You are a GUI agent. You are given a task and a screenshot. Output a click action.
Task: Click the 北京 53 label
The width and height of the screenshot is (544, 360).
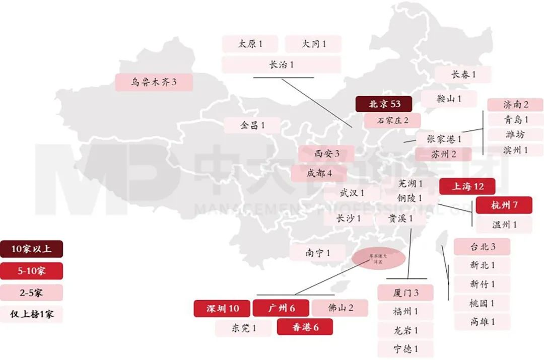(x=384, y=104)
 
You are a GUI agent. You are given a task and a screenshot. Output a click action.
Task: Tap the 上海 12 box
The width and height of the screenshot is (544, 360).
(x=467, y=186)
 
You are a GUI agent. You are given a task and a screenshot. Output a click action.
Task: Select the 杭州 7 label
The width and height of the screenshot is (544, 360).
(x=504, y=205)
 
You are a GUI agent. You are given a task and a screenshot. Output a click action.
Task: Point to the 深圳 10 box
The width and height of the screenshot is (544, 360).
(x=222, y=308)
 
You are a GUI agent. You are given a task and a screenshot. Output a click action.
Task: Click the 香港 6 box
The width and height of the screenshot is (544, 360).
(x=305, y=327)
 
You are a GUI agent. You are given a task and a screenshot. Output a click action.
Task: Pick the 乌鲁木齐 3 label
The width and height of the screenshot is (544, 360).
(x=154, y=82)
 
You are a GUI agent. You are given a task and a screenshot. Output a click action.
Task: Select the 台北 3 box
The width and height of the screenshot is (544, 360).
(x=482, y=247)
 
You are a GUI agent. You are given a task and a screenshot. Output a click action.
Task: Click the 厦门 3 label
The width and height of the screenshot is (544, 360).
(x=405, y=293)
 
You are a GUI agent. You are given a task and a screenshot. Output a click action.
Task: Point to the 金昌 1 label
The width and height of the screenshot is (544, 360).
(x=252, y=125)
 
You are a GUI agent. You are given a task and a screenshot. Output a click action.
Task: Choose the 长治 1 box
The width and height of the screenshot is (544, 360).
(x=281, y=64)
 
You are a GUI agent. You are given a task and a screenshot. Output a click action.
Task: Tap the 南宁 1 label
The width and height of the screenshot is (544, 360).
(x=317, y=253)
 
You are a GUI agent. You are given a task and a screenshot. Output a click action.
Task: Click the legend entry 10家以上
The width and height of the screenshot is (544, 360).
(x=31, y=249)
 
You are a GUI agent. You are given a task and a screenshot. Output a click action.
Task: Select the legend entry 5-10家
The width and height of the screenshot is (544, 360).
(x=31, y=271)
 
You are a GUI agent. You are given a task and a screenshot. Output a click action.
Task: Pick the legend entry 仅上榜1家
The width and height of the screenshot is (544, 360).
(x=31, y=314)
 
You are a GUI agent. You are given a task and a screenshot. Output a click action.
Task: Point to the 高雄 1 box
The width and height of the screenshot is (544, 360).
(x=482, y=321)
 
